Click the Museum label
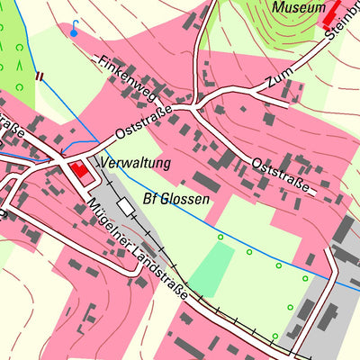coord(296,8)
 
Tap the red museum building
coord(333,13)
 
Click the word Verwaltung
coord(135,164)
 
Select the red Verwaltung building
coord(80,169)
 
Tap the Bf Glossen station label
coord(176,199)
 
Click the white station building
coord(125,206)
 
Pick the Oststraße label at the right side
coord(282,175)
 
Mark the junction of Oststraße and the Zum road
coord(195,106)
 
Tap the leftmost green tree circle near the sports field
coord(220,237)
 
